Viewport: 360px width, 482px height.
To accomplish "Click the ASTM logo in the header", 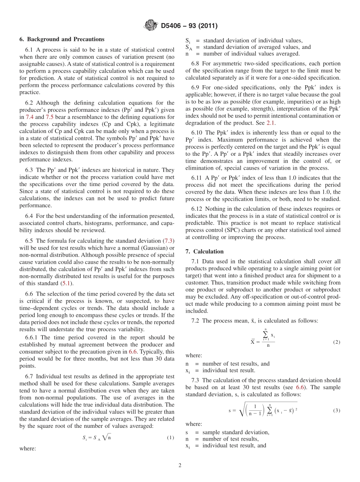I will (150, 26).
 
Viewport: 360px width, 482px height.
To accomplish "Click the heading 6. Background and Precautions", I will (62, 39).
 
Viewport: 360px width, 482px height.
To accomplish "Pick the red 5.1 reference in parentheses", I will (66, 284).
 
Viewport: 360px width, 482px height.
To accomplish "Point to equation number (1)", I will (170, 438).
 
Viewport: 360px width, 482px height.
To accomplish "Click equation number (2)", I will (337, 342).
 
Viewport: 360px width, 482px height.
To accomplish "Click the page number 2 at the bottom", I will (180, 466).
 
